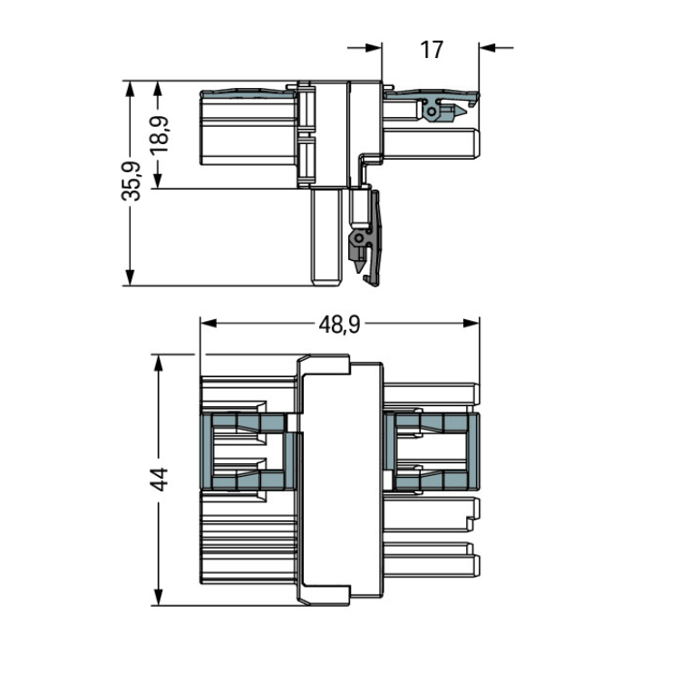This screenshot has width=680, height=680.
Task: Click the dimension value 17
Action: coord(432,50)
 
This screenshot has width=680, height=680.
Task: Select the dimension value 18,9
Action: coord(160,134)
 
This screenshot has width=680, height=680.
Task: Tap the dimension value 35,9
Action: coord(131,180)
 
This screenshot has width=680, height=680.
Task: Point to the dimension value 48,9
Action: coord(339,324)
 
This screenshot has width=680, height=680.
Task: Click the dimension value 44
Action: coord(159,479)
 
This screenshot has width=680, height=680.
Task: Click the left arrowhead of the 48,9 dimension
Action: coord(209,324)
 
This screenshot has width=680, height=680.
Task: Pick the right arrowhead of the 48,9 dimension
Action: coord(471,324)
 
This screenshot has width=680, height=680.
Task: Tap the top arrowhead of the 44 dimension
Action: coord(159,363)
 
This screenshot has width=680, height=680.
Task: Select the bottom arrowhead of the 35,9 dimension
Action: coord(130,277)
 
